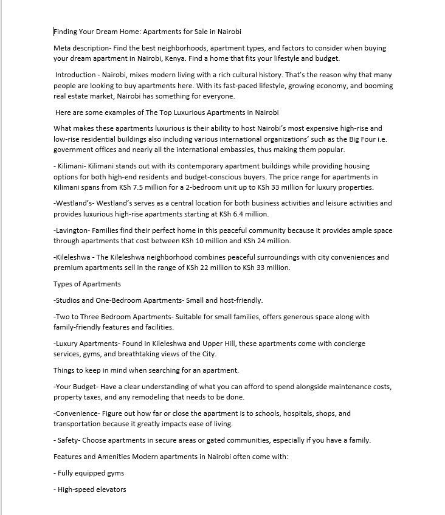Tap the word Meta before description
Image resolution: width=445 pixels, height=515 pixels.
click(x=63, y=48)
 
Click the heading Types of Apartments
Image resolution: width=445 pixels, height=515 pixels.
click(x=87, y=284)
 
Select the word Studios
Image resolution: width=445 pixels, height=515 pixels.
click(x=70, y=300)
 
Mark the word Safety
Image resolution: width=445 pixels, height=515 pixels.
click(x=67, y=440)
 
